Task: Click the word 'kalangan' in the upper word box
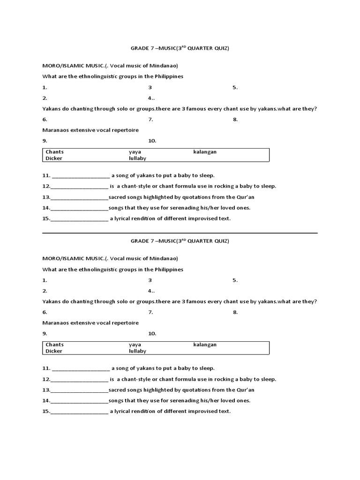pyautogui.click(x=205, y=152)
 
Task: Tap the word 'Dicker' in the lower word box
pyautogui.click(x=54, y=351)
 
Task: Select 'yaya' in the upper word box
pyautogui.click(x=135, y=152)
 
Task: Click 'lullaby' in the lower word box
pyautogui.click(x=137, y=351)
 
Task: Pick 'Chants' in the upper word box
pyautogui.click(x=54, y=152)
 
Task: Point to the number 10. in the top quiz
pyautogui.click(x=152, y=141)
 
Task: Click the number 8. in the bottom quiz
pyautogui.click(x=235, y=312)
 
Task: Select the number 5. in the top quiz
pyautogui.click(x=235, y=87)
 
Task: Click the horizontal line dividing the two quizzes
pyautogui.click(x=180, y=233)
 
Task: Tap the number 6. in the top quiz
pyautogui.click(x=45, y=120)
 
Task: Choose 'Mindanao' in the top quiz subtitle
pyautogui.click(x=165, y=65)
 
